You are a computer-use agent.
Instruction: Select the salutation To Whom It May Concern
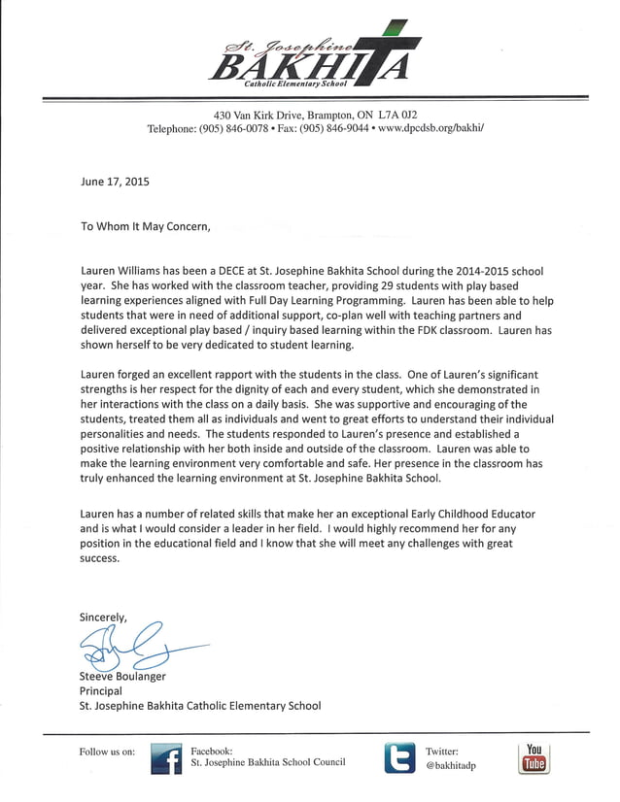(145, 226)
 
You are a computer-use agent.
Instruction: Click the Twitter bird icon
(400, 757)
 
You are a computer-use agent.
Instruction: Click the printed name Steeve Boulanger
(122, 676)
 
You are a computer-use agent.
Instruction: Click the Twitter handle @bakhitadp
(451, 765)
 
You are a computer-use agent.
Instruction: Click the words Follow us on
(107, 752)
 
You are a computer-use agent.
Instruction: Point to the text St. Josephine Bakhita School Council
(267, 762)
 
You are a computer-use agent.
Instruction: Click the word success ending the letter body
(99, 558)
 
